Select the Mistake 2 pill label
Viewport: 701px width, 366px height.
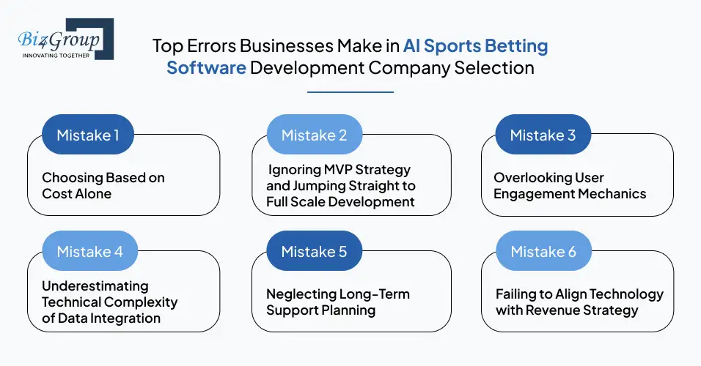pyautogui.click(x=314, y=135)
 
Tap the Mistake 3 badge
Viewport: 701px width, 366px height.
pyautogui.click(x=543, y=135)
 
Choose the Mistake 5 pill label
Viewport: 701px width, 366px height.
pyautogui.click(x=314, y=252)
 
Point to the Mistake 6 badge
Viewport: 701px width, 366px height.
pyautogui.click(x=543, y=252)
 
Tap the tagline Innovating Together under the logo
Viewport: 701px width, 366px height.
pyautogui.click(x=56, y=55)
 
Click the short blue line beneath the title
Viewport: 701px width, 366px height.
pyautogui.click(x=350, y=92)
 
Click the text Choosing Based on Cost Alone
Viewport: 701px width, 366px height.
pyautogui.click(x=103, y=185)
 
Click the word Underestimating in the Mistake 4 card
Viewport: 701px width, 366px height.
pyautogui.click(x=95, y=285)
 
